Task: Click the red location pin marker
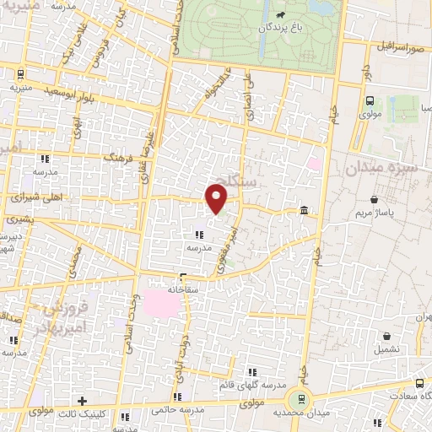tap(217, 197)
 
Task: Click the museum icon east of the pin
tap(303, 210)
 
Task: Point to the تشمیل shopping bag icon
tap(386, 336)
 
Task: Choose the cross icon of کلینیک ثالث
tap(82, 401)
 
